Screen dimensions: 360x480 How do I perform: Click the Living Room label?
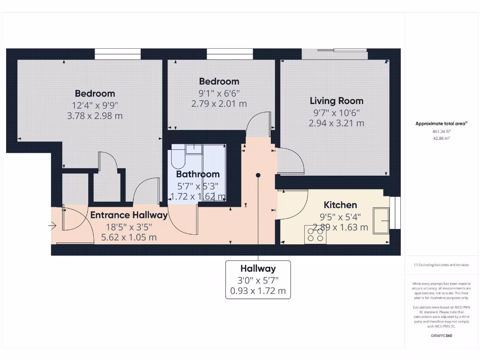point(336,101)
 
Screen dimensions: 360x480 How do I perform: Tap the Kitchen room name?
point(340,205)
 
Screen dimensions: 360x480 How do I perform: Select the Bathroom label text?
point(197,174)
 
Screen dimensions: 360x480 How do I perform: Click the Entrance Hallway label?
point(128,215)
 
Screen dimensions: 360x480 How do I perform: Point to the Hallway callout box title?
point(258,269)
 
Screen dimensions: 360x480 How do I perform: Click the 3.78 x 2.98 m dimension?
point(95,116)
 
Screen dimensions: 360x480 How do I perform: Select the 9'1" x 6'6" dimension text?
point(219,93)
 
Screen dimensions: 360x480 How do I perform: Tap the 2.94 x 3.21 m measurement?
point(336,123)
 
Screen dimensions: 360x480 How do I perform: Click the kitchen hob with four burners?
point(315,234)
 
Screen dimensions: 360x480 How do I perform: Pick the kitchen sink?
point(381,220)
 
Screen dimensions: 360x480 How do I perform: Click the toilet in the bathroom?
point(178,157)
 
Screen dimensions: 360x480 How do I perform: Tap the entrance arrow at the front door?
point(52,226)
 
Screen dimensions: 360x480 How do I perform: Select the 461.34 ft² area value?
point(441,132)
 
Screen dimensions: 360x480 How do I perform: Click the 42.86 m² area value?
point(441,138)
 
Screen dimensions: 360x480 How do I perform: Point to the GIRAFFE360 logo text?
point(441,336)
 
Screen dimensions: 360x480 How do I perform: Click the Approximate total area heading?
point(441,124)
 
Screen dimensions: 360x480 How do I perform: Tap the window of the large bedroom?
point(118,54)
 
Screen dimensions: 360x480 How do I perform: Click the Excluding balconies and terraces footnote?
point(441,265)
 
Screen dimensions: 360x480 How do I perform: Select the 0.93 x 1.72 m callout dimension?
point(258,291)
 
